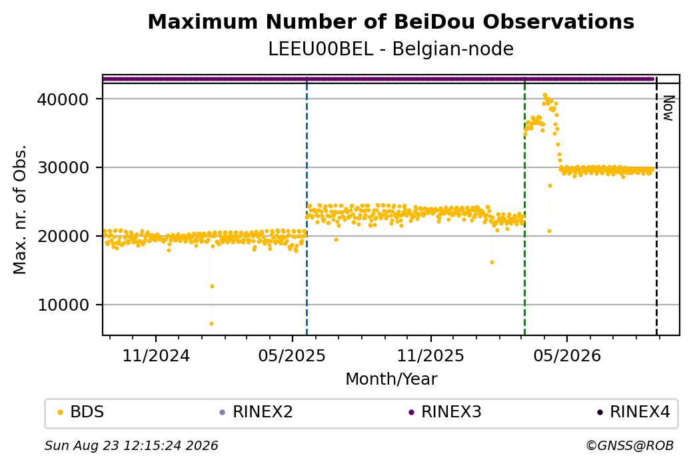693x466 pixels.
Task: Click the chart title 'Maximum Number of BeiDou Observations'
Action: (390, 22)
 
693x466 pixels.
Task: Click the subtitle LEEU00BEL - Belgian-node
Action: (390, 49)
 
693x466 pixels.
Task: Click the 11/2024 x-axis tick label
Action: (156, 356)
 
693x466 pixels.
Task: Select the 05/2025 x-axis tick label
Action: (292, 356)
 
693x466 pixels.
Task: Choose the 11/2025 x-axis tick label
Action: (431, 356)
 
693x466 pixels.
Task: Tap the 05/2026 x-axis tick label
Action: (567, 356)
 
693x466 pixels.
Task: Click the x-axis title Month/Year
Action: (391, 379)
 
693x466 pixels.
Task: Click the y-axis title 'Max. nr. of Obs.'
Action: (20, 209)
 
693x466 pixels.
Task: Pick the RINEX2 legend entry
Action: (257, 412)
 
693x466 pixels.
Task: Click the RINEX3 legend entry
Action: (445, 412)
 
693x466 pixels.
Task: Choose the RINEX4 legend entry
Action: (634, 412)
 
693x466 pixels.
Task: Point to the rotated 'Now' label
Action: (668, 108)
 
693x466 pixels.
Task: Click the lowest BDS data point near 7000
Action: (211, 323)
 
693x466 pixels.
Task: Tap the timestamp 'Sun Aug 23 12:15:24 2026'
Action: (131, 445)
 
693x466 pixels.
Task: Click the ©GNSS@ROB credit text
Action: (630, 445)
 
